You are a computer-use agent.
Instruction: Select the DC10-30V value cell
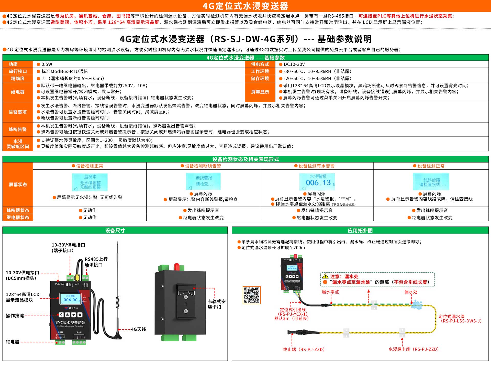(x=294, y=64)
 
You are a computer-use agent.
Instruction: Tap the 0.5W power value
(x=47, y=64)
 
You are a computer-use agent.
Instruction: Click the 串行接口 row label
(x=18, y=71)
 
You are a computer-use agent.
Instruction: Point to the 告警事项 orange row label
(x=18, y=112)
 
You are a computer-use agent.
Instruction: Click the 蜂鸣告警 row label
(x=18, y=129)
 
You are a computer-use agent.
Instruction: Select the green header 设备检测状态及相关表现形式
(x=245, y=159)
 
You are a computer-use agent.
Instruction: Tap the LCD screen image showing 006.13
(x=317, y=182)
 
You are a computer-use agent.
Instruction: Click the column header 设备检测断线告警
(x=203, y=166)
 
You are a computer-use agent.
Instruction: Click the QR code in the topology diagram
(x=252, y=295)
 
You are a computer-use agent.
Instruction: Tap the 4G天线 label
(x=138, y=329)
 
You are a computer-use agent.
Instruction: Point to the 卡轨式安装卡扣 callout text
(x=217, y=304)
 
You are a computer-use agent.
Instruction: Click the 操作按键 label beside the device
(x=15, y=316)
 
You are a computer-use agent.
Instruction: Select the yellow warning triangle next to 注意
(x=325, y=276)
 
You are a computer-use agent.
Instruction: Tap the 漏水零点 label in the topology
(x=330, y=292)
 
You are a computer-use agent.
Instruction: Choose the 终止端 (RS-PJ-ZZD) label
(x=304, y=349)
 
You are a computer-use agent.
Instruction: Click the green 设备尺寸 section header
(x=115, y=231)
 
